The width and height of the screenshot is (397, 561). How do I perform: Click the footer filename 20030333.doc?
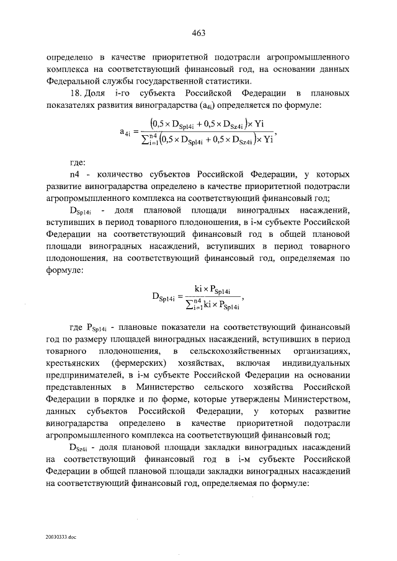60,537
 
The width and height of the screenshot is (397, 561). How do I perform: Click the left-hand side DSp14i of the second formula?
167,295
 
